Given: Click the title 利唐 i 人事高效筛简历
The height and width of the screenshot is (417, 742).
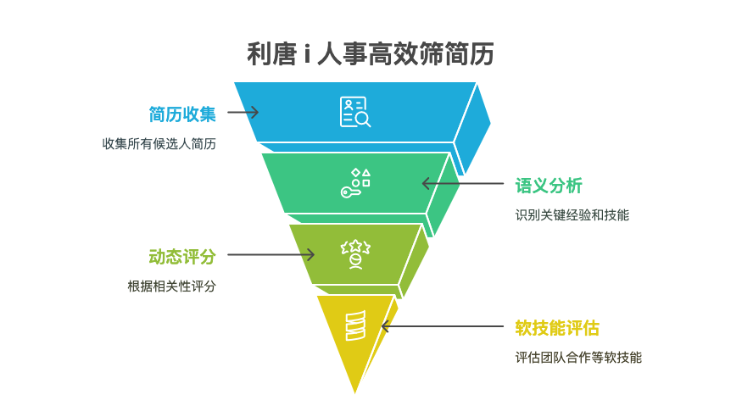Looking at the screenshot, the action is [371, 53].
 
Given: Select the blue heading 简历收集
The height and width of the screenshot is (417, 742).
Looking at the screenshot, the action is [182, 114].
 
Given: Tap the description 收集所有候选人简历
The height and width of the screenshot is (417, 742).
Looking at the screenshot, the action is [159, 144].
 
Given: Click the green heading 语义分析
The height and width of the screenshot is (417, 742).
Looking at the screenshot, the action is [549, 186].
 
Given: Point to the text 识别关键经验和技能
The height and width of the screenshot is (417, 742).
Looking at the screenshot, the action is [572, 215].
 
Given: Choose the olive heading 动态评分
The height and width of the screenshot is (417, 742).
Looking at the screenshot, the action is [182, 257].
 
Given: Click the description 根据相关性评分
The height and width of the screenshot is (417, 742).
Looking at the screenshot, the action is [172, 286].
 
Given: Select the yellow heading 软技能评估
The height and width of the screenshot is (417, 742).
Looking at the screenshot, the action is [557, 328].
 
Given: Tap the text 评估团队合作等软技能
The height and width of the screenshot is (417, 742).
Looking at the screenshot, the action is [578, 358].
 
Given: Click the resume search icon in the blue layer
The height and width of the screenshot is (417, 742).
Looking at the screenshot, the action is [355, 112].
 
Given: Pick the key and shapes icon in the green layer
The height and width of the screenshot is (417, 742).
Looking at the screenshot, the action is [355, 183].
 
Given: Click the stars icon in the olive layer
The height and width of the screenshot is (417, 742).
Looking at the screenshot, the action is [355, 254].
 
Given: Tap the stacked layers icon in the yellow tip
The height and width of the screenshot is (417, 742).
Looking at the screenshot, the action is [355, 325].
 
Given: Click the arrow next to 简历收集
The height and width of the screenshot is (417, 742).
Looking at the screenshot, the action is [243, 112].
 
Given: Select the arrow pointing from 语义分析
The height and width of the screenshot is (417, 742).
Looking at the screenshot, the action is [463, 183].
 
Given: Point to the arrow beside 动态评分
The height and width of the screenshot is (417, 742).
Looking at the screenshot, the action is [271, 255].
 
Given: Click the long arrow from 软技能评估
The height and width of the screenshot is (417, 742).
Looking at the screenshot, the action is [443, 326].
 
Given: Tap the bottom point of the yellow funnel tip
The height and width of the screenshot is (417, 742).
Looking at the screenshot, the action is [355, 393].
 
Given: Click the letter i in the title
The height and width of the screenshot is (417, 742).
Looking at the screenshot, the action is [307, 54].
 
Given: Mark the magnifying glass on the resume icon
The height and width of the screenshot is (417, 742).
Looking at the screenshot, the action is [364, 120].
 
